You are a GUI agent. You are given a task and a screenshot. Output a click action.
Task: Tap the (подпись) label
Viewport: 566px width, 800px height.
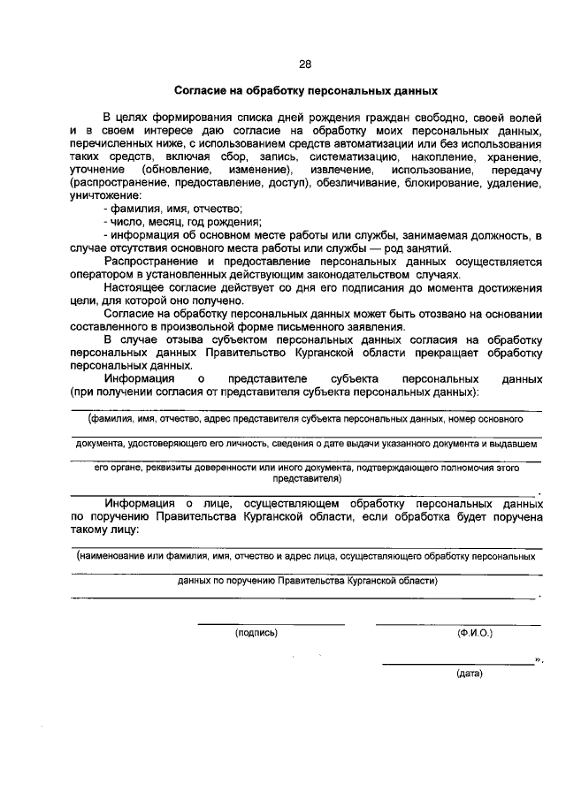pyautogui.click(x=256, y=633)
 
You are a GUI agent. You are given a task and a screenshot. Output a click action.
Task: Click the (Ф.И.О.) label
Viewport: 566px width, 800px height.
pyautogui.click(x=475, y=633)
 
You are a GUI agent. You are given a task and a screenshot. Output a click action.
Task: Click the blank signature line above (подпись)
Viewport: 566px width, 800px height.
pyautogui.click(x=271, y=623)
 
